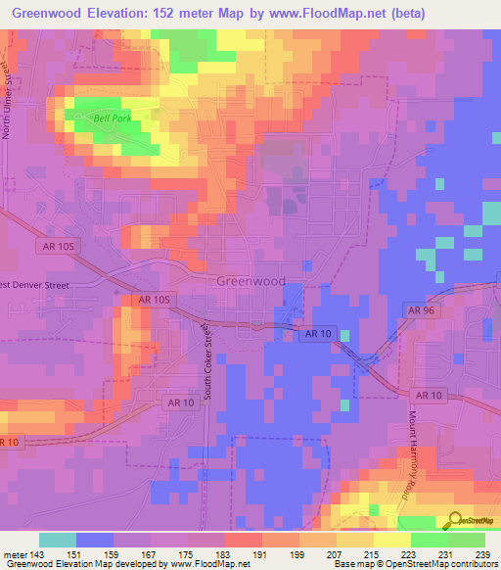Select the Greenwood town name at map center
point(250,280)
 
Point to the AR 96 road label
point(419,309)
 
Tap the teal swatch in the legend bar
point(58,540)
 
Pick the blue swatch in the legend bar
point(95,540)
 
